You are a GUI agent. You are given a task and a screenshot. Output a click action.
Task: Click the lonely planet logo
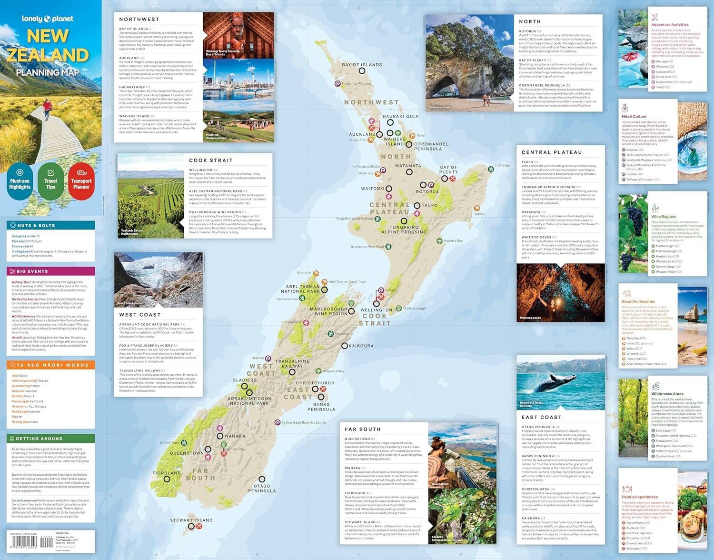[48, 19]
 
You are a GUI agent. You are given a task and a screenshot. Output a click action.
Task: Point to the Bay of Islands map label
[362, 65]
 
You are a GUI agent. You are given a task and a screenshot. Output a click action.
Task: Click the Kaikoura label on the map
[361, 346]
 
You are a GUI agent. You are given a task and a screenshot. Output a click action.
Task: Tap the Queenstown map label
[187, 453]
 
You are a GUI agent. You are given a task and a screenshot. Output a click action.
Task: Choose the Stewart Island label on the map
[191, 520]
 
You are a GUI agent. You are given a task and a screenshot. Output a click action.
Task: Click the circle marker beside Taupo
[417, 205]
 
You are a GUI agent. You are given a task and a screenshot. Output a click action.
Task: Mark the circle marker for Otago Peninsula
[262, 479]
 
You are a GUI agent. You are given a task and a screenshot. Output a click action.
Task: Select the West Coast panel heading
[140, 315]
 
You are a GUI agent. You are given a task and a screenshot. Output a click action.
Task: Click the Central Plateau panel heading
[552, 152]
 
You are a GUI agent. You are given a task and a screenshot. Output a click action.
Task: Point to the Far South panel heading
[363, 429]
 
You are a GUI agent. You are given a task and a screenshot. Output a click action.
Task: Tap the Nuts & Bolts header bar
[51, 225]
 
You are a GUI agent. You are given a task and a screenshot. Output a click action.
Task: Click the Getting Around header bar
[51, 438]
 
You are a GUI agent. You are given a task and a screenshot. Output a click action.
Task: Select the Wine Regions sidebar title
[664, 217]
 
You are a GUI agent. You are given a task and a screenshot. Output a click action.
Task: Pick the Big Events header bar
[51, 271]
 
